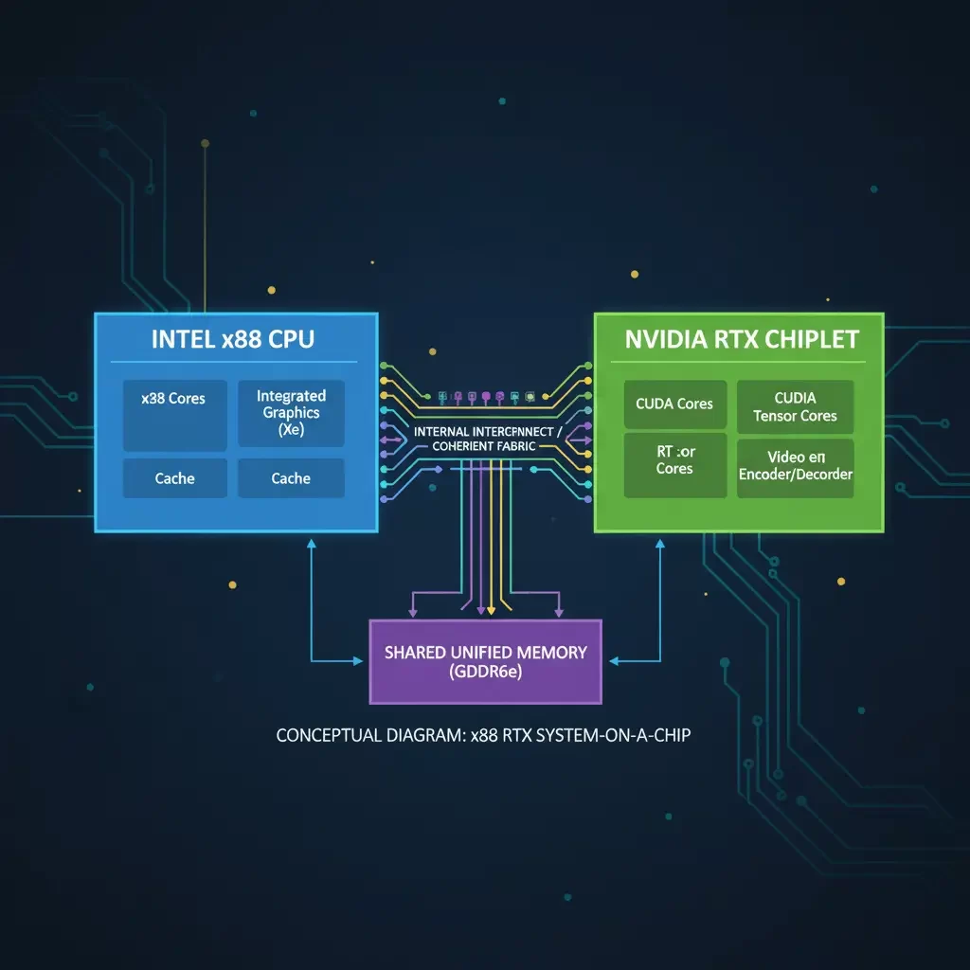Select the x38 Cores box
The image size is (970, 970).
click(174, 415)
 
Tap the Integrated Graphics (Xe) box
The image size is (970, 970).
click(291, 413)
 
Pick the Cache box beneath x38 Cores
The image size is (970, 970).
click(174, 478)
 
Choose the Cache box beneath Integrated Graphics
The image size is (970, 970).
click(291, 478)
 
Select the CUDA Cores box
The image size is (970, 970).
click(674, 405)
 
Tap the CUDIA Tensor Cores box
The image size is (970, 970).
click(795, 406)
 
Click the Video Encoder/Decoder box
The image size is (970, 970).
click(795, 466)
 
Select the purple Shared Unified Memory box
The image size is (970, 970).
click(485, 661)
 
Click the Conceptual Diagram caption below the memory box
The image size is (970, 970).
click(483, 735)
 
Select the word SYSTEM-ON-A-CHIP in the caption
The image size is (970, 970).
click(613, 735)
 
